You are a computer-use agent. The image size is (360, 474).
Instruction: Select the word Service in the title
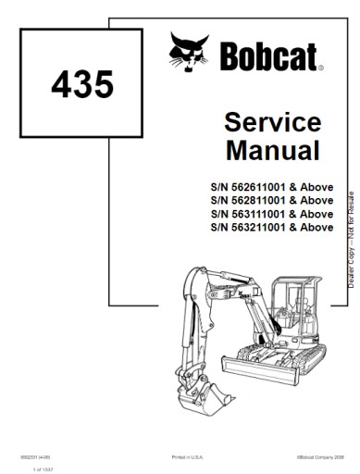coord(273,123)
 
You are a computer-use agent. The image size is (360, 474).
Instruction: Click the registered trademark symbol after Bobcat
coord(320,68)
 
